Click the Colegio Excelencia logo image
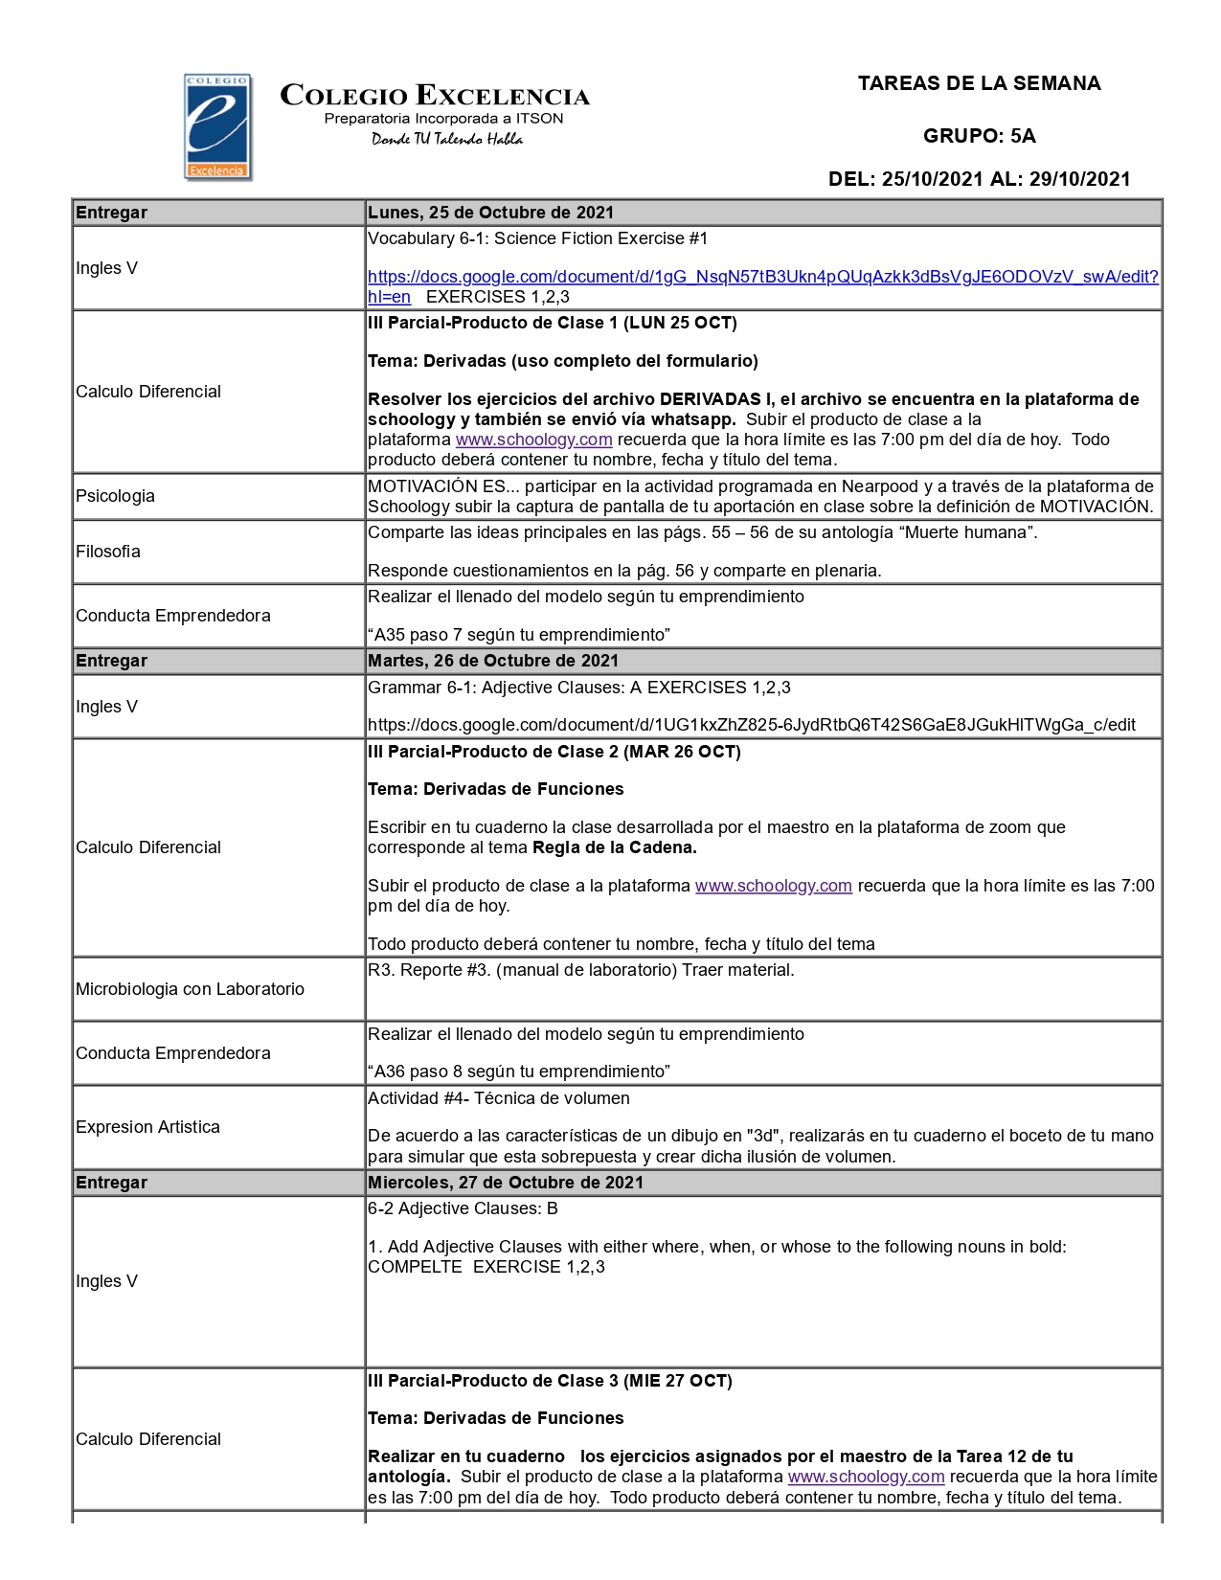[x=217, y=127]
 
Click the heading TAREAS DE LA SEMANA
[x=979, y=83]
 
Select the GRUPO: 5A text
[x=979, y=136]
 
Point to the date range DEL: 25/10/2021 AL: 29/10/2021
[x=979, y=179]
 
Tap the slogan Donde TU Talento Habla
[x=447, y=140]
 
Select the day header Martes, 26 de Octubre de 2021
[x=492, y=661]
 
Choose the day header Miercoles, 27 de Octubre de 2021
[x=505, y=1183]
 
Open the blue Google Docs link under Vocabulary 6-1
[x=762, y=277]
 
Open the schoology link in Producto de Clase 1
[x=533, y=440]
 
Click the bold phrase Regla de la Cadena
[x=614, y=847]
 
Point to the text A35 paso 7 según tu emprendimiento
[x=518, y=635]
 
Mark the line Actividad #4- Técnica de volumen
[x=498, y=1098]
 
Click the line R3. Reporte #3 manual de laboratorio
[x=580, y=970]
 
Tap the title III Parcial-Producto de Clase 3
[x=549, y=1381]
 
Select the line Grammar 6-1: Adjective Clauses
[x=578, y=688]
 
